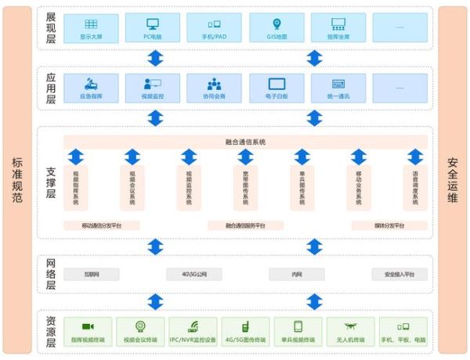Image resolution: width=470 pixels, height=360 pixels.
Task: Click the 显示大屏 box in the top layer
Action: pyautogui.click(x=91, y=29)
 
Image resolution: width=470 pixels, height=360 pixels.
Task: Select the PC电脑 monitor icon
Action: pyautogui.click(x=152, y=24)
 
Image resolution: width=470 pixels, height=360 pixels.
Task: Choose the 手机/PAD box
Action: pyautogui.click(x=215, y=29)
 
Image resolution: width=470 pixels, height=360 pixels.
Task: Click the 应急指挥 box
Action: pyautogui.click(x=91, y=88)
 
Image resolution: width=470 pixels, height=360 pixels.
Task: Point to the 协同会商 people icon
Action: pyautogui.click(x=215, y=84)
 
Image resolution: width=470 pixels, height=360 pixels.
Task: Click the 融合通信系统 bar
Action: pyautogui.click(x=245, y=142)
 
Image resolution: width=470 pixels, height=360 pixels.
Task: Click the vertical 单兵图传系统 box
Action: pyautogui.click(x=302, y=188)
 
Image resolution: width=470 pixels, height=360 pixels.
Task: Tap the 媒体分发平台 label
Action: pyautogui.click(x=388, y=225)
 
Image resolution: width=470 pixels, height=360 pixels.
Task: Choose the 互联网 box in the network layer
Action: pyautogui.click(x=91, y=274)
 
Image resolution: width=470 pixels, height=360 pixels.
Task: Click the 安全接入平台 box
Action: pyautogui.click(x=405, y=274)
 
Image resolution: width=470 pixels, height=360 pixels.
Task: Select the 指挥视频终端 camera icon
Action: pyautogui.click(x=88, y=326)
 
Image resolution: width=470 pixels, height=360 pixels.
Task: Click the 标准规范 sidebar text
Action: pyautogui.click(x=17, y=180)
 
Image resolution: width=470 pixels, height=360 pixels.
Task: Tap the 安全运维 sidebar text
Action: pyautogui.click(x=452, y=180)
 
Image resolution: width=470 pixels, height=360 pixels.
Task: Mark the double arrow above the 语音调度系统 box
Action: pyautogui.click(x=414, y=156)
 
